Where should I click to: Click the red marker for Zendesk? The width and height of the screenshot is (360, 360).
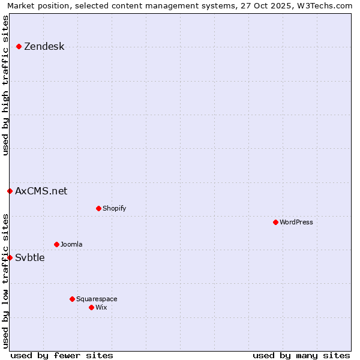click(x=19, y=46)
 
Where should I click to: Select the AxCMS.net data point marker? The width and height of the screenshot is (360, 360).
click(x=10, y=191)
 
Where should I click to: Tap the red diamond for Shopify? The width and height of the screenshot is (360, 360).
click(x=98, y=208)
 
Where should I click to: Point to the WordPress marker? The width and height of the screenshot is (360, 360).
click(x=275, y=222)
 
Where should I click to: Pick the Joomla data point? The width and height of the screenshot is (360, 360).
click(x=56, y=244)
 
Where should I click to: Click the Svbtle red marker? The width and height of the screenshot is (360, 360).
click(x=10, y=257)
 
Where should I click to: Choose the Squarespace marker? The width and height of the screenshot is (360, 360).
click(x=72, y=299)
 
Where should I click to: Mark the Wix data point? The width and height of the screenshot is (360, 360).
click(x=91, y=307)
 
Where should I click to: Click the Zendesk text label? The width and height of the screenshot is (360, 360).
click(x=44, y=46)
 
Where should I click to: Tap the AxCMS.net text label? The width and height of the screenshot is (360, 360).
click(x=41, y=191)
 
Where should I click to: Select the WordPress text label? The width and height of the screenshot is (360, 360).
click(x=296, y=222)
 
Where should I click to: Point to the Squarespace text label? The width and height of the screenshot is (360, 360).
click(x=97, y=299)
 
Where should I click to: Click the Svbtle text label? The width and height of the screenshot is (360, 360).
click(x=29, y=257)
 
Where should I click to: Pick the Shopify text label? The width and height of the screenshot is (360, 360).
click(x=114, y=208)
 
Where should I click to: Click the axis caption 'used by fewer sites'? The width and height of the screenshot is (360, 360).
click(x=62, y=355)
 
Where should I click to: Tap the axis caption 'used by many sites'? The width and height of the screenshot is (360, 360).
click(x=301, y=355)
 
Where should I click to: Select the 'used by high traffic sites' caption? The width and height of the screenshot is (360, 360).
click(x=5, y=85)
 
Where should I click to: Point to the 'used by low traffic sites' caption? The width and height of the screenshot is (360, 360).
click(x=5, y=280)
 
